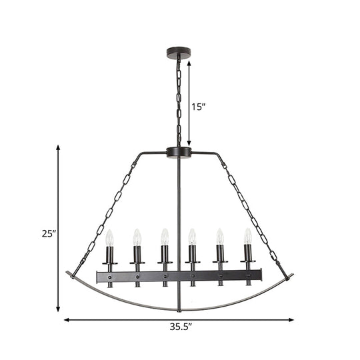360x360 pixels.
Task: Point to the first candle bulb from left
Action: point(110,237)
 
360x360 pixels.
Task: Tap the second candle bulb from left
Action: point(137,237)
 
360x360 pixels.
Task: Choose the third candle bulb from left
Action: point(164,237)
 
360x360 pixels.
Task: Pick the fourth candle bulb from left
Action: point(192,237)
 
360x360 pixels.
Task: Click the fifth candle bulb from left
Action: point(220,237)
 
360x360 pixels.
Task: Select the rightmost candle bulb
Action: point(247,237)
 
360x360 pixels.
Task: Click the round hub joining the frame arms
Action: point(179,153)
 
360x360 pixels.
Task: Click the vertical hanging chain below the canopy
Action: point(179,100)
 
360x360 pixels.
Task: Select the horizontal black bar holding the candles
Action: point(179,275)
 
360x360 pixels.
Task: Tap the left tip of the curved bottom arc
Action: point(68,272)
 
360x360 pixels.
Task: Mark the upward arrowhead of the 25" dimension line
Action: point(59,149)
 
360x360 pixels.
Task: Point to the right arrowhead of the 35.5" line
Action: point(291,320)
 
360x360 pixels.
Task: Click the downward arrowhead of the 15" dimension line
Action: point(189,142)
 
